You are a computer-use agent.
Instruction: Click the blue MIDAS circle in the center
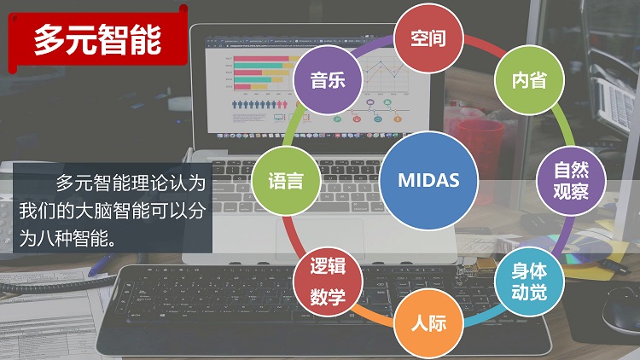[428, 180]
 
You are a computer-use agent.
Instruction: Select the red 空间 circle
[428, 38]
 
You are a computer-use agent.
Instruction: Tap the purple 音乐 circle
[328, 80]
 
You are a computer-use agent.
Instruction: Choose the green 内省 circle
[529, 80]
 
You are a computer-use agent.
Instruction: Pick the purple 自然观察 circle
[571, 180]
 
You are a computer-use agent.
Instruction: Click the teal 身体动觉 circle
[529, 282]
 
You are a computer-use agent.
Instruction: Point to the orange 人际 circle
[428, 322]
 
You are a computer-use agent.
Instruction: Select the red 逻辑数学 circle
[328, 282]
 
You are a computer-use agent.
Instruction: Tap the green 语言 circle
[286, 180]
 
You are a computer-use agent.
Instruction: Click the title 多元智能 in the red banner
[97, 39]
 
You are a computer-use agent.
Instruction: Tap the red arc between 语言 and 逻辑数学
[293, 236]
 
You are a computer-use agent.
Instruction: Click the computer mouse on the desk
[621, 308]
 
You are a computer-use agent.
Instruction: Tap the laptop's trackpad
[320, 238]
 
